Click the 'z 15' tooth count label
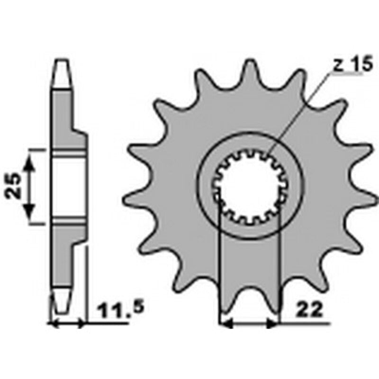[352, 66]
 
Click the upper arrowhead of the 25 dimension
[30, 163]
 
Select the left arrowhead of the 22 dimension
[226, 324]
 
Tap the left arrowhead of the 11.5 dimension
[54, 324]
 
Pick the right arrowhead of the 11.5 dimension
[81, 324]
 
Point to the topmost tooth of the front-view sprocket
[250, 71]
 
